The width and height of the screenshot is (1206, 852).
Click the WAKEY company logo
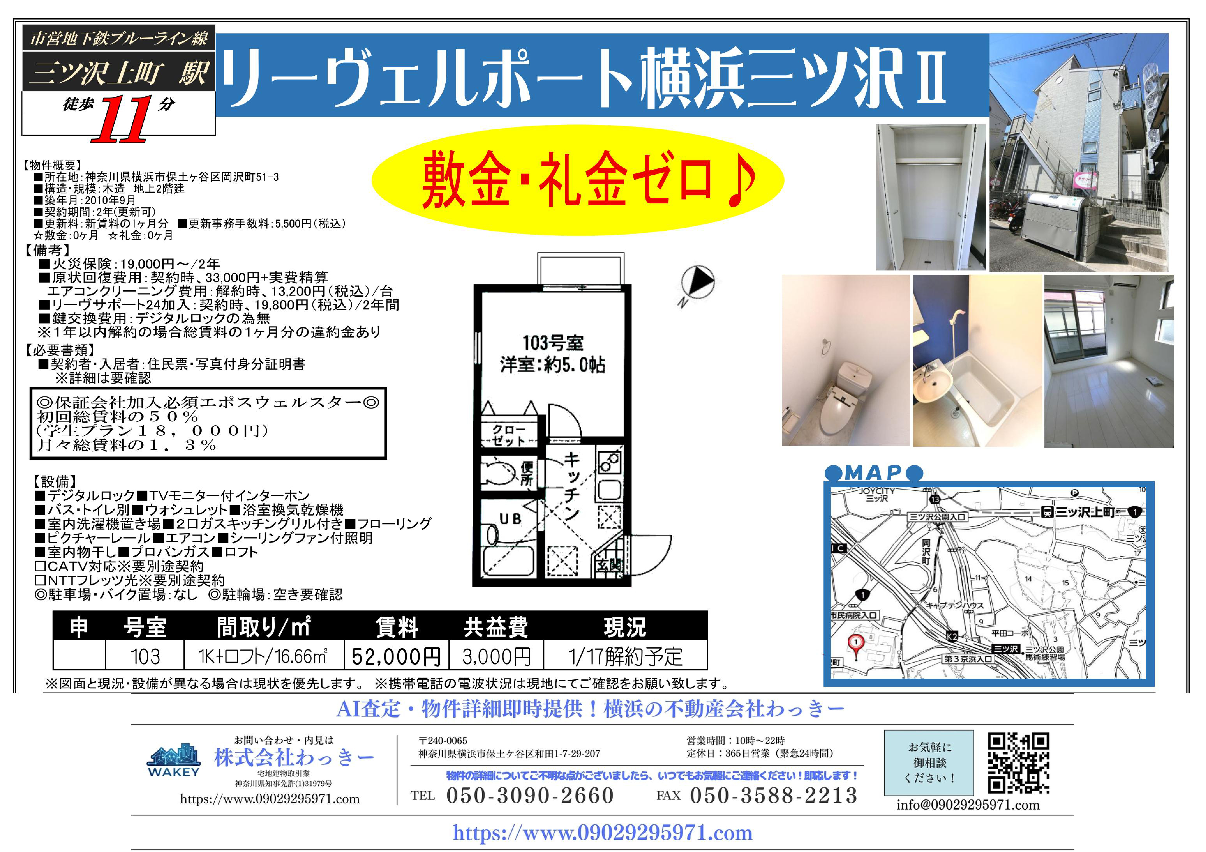coord(174,761)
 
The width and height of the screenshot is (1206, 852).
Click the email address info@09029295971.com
coord(967,805)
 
